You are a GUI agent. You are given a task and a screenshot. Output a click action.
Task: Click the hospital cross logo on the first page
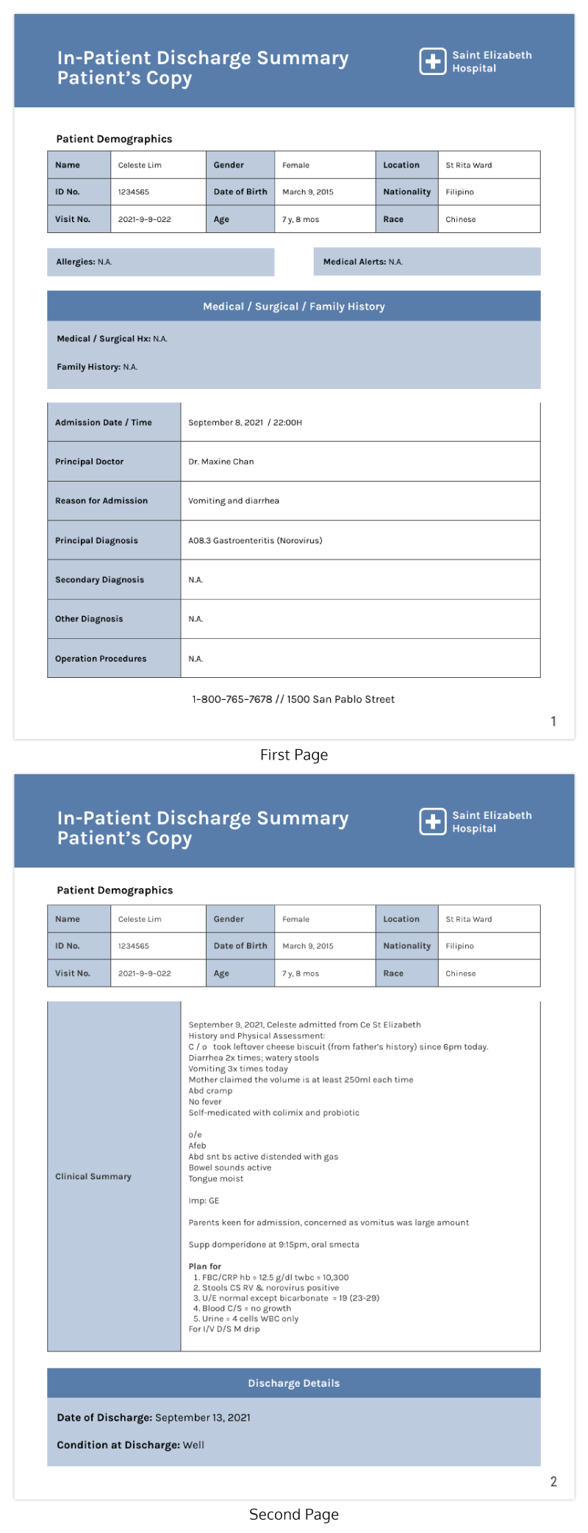pos(433,62)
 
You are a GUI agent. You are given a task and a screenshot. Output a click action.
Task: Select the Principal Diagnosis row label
pos(96,540)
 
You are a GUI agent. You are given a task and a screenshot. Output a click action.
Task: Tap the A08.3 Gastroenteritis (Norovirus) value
pos(255,540)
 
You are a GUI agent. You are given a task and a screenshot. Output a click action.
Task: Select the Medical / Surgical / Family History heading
pos(294,307)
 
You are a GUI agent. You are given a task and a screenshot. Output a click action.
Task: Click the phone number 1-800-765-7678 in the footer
pos(232,699)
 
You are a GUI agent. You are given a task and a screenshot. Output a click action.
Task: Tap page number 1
pos(553,721)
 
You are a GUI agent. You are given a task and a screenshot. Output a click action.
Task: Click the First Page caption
pos(294,755)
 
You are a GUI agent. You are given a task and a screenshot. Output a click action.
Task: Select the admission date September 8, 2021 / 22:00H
pos(245,423)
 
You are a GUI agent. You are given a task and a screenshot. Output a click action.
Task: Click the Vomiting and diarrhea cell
pos(234,501)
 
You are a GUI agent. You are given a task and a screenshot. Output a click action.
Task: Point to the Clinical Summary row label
pos(93,1176)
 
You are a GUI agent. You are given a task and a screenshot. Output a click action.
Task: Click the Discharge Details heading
pos(294,1383)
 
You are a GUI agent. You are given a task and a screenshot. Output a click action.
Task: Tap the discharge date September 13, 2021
pos(203,1418)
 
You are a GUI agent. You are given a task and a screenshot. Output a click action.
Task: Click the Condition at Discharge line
pos(131,1445)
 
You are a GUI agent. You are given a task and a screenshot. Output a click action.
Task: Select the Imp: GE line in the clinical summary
pos(204,1201)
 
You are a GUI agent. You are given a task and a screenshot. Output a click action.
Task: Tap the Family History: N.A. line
pos(97,367)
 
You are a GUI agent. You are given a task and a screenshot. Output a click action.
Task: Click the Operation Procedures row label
pos(101,659)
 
